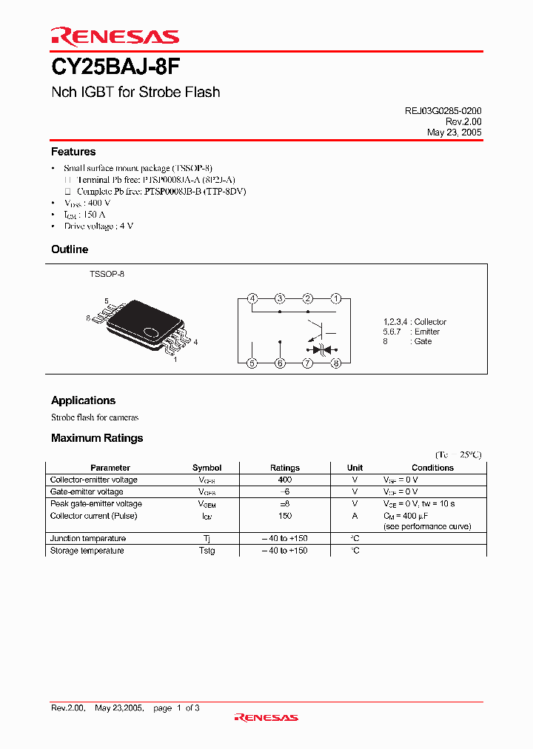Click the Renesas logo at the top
tap(115, 36)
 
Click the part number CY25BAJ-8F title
tap(115, 67)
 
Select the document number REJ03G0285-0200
tap(443, 110)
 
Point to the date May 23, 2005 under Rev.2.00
tap(454, 132)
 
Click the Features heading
tap(73, 152)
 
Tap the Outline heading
tap(70, 249)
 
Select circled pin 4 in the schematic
tap(252, 299)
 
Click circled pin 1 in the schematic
tap(335, 299)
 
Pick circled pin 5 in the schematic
tap(252, 363)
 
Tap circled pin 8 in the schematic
tap(335, 363)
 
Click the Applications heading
tap(84, 400)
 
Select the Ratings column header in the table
tap(285, 468)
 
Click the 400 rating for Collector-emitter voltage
tap(285, 480)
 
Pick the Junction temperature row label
tap(88, 538)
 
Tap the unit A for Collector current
tap(355, 515)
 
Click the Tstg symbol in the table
tap(207, 551)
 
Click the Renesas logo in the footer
tap(266, 717)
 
